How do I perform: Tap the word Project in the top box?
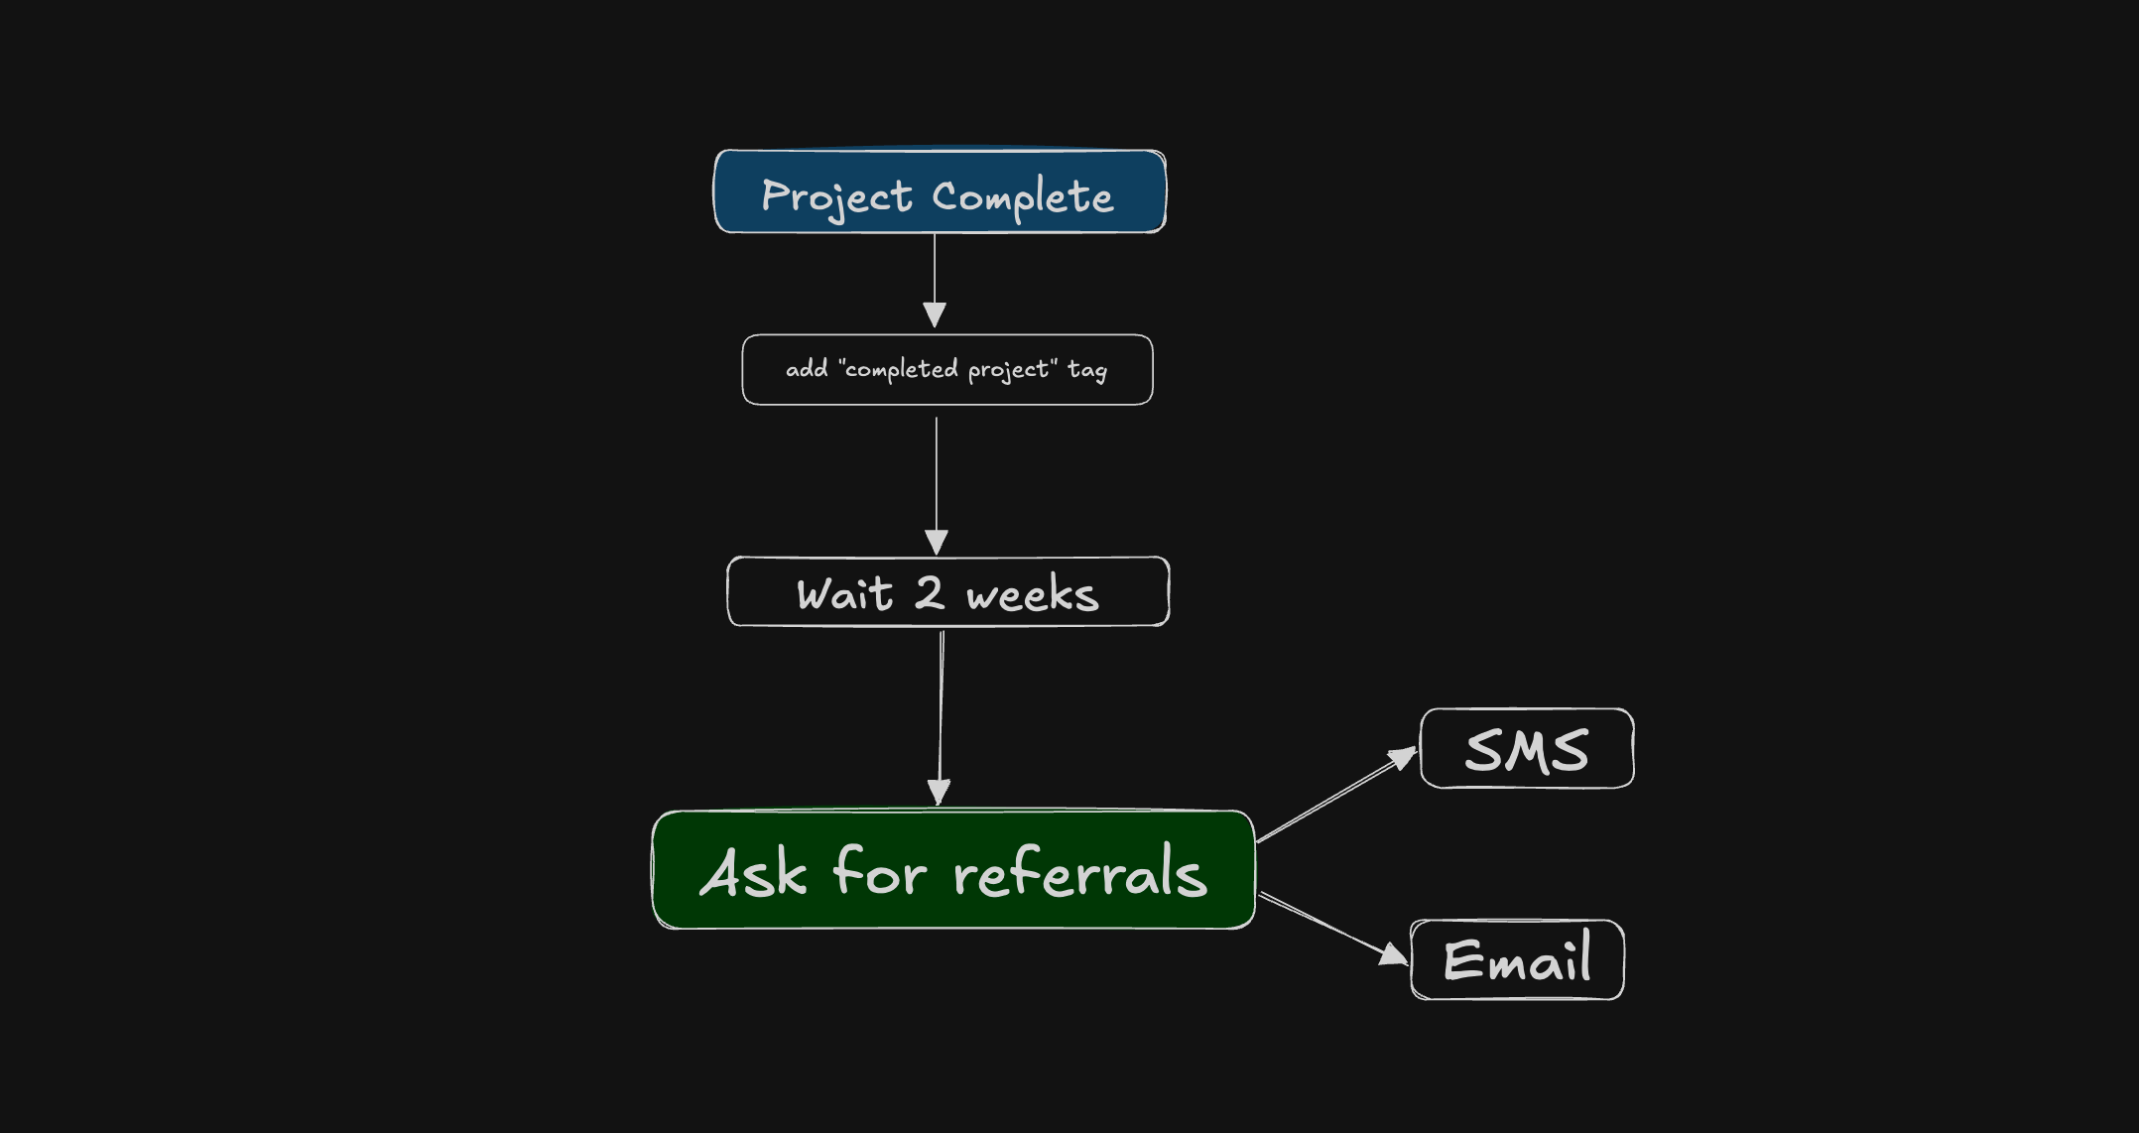[836, 196]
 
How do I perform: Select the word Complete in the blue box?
[1023, 197]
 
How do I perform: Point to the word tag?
[1087, 370]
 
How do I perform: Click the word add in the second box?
[807, 369]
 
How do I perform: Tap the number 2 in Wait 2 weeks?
[930, 593]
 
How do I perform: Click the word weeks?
[1033, 595]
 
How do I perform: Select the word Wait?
[844, 594]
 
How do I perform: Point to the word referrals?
[1080, 873]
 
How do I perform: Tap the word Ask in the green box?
[753, 873]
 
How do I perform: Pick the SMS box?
[1527, 749]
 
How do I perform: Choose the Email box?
[1517, 960]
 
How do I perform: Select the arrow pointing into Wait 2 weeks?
[937, 486]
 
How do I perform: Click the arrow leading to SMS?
[1334, 797]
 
